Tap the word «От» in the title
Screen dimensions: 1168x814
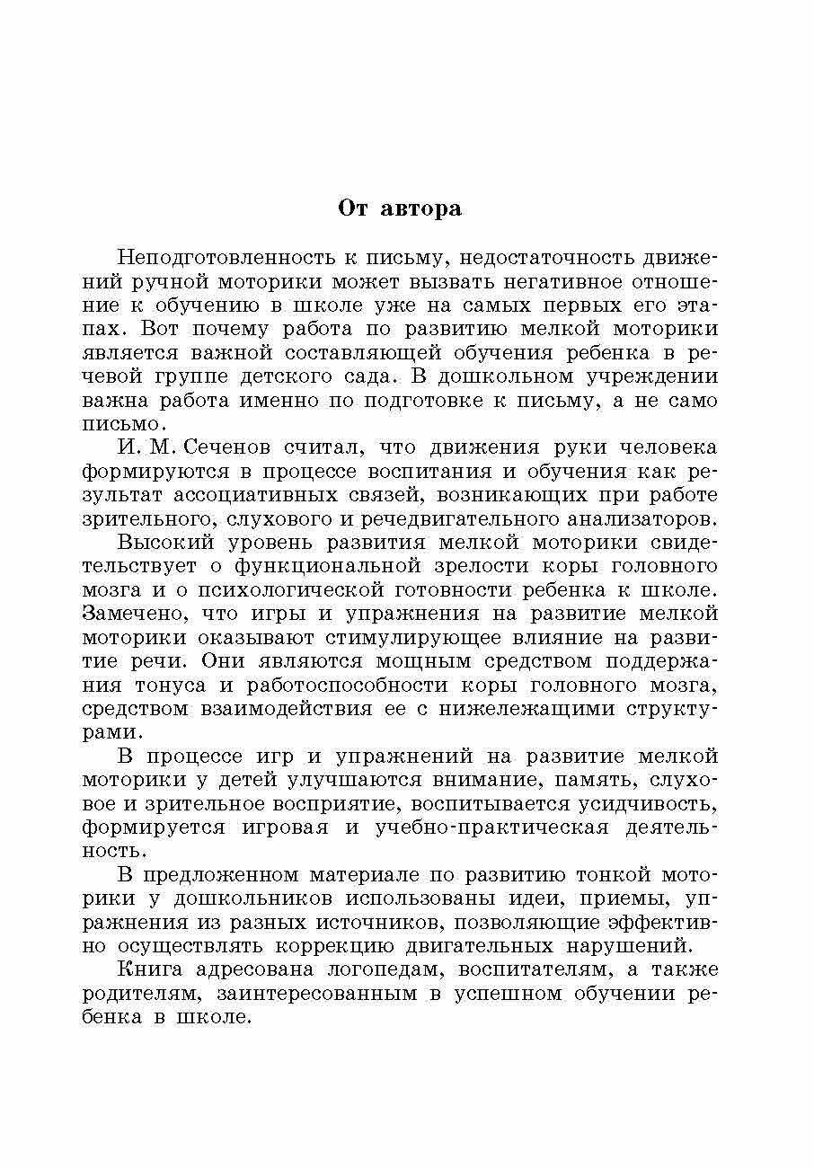pyautogui.click(x=353, y=208)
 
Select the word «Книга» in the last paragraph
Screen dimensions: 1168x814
pyautogui.click(x=149, y=969)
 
